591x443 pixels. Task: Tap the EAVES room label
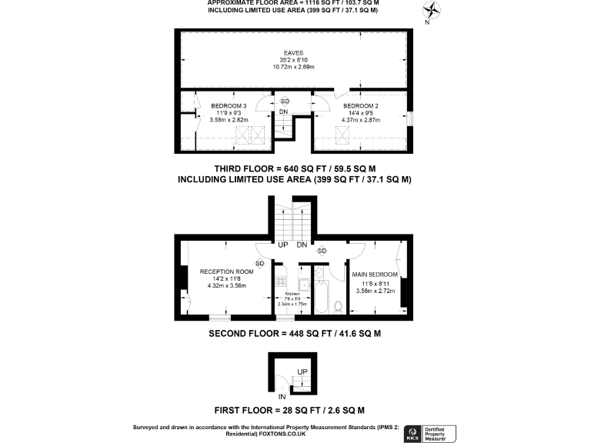point(293,53)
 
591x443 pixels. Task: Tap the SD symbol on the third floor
point(284,102)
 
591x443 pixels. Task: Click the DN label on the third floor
point(284,112)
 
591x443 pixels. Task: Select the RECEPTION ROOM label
point(226,271)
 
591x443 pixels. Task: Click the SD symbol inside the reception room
point(260,264)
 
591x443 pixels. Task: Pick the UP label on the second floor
point(283,245)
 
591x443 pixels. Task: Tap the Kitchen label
point(292,295)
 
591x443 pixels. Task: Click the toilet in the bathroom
point(338,306)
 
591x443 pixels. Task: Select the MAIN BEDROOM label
point(375,275)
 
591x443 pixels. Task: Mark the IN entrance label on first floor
point(282,396)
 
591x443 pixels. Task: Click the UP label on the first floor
point(302,371)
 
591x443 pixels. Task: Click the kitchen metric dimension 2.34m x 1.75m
point(292,304)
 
